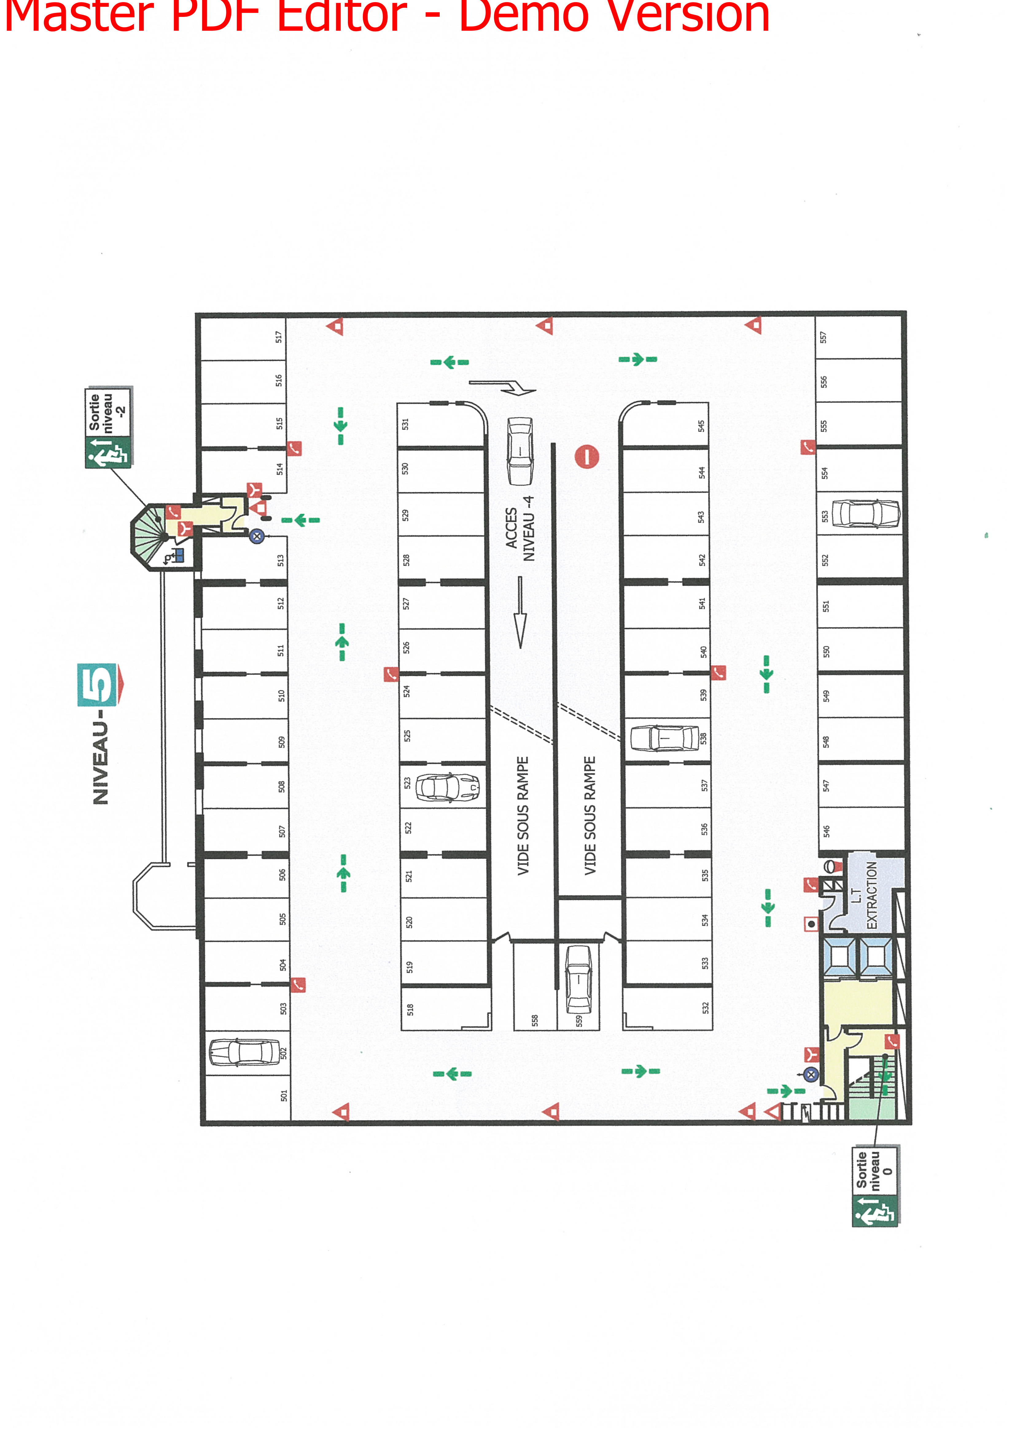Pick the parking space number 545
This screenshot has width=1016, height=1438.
(x=701, y=426)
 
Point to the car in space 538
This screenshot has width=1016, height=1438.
(x=664, y=738)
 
